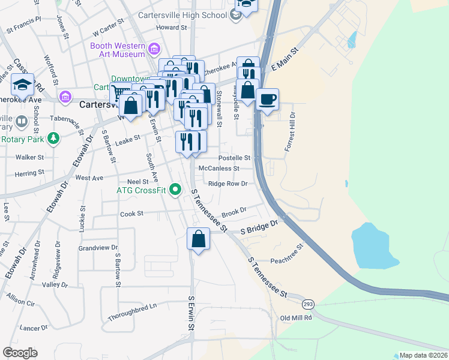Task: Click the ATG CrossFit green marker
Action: [x=175, y=191]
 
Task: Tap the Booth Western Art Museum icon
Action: [x=155, y=47]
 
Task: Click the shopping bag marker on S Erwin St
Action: [x=198, y=239]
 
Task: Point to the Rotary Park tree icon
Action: [x=54, y=139]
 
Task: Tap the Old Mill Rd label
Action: [x=296, y=318]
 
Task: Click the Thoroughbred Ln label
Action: [x=132, y=311]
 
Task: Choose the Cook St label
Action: [x=131, y=214]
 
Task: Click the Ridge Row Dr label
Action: [x=228, y=184]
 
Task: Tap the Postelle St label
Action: [x=234, y=158]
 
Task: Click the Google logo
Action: [x=20, y=353]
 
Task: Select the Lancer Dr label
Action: [x=34, y=328]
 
